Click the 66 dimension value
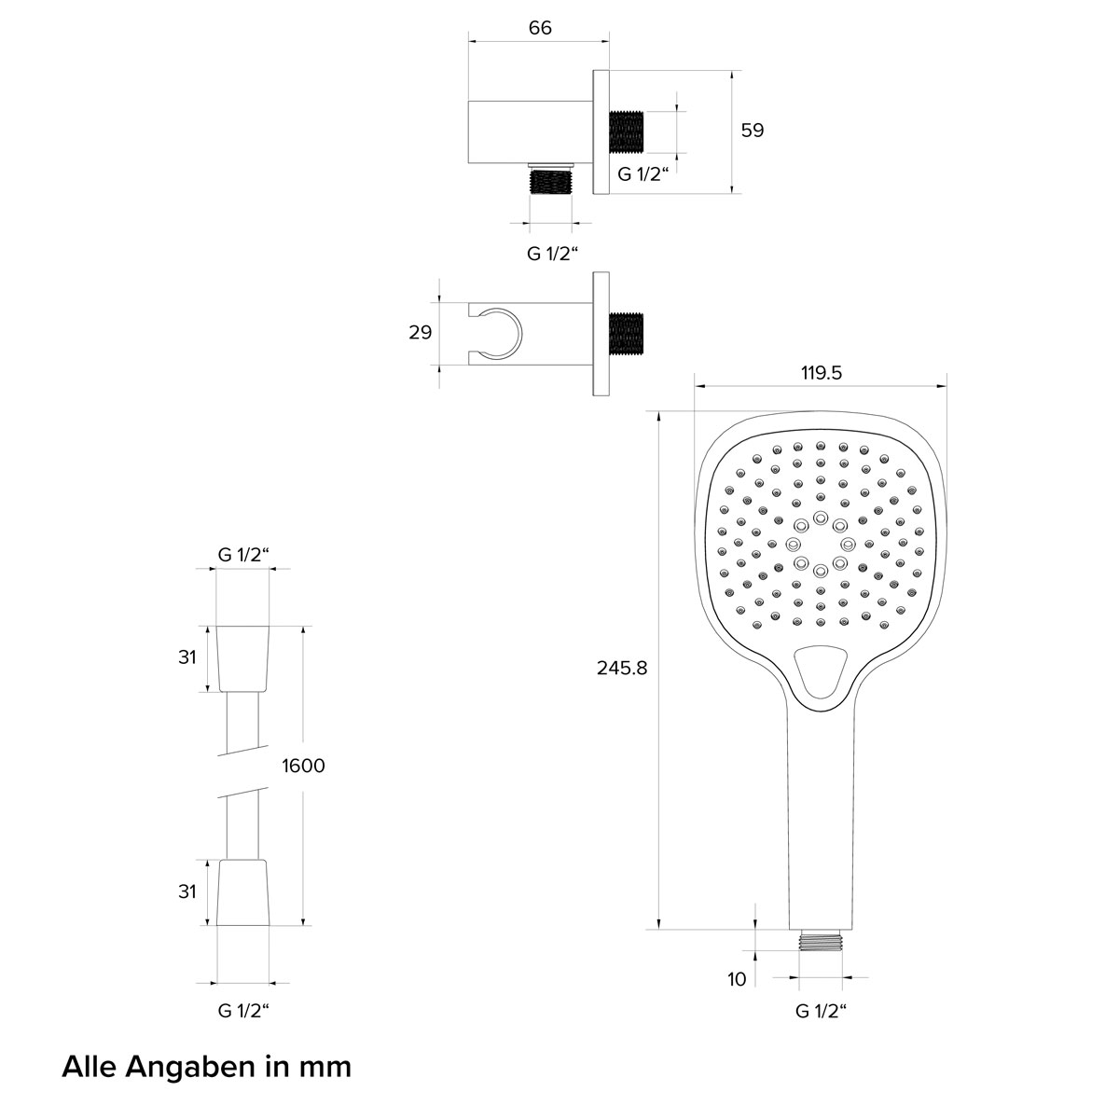pyautogui.click(x=540, y=27)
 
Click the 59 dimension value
pyautogui.click(x=752, y=130)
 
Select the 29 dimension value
pyautogui.click(x=421, y=332)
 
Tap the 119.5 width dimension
pyautogui.click(x=822, y=372)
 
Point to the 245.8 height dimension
pyautogui.click(x=622, y=668)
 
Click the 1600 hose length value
pyautogui.click(x=303, y=766)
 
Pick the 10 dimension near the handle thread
pyautogui.click(x=737, y=979)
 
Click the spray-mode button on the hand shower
pyautogui.click(x=820, y=671)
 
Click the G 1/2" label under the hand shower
pyautogui.click(x=821, y=1011)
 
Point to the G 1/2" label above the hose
pyautogui.click(x=243, y=555)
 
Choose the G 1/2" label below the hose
pyautogui.click(x=243, y=1011)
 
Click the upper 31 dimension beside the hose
pyautogui.click(x=187, y=657)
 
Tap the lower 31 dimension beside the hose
pyautogui.click(x=187, y=891)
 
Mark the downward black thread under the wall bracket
pyautogui.click(x=551, y=181)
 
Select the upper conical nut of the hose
pyautogui.click(x=243, y=658)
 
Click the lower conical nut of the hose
pyautogui.click(x=243, y=892)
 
